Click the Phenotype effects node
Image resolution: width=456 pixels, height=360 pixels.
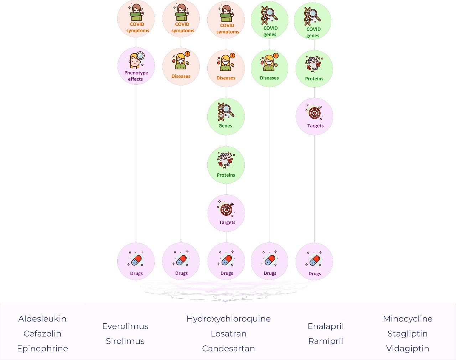pyautogui.click(x=136, y=66)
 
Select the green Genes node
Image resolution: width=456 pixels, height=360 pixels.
pyautogui.click(x=226, y=116)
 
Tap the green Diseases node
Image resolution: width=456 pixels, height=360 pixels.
pyautogui.click(x=269, y=68)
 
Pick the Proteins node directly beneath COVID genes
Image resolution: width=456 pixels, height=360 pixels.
pyautogui.click(x=314, y=69)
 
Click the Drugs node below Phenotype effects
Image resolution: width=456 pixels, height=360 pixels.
pyautogui.click(x=136, y=262)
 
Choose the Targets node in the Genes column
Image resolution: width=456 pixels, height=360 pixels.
pyautogui.click(x=226, y=213)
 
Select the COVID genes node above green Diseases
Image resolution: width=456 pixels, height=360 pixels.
pyautogui.click(x=269, y=20)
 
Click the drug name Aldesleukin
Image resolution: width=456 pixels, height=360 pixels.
pyautogui.click(x=42, y=319)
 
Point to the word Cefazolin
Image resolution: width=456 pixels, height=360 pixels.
pyautogui.click(x=42, y=334)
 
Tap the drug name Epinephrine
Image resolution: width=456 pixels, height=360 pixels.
pyautogui.click(x=42, y=349)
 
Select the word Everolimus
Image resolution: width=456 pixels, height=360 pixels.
pyautogui.click(x=125, y=326)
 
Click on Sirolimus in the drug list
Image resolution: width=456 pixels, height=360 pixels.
pyautogui.click(x=125, y=341)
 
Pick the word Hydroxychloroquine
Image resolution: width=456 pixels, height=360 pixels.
pyautogui.click(x=228, y=319)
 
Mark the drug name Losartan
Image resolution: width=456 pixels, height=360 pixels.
pyautogui.click(x=228, y=334)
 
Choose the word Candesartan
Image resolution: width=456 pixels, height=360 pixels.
pyautogui.click(x=228, y=349)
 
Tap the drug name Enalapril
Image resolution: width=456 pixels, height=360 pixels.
pyautogui.click(x=326, y=326)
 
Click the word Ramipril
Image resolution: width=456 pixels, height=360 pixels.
pyautogui.click(x=326, y=341)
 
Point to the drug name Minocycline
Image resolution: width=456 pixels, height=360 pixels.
pyautogui.click(x=408, y=319)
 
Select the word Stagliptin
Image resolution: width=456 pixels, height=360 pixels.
pyautogui.click(x=408, y=334)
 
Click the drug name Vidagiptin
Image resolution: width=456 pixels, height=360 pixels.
pyautogui.click(x=408, y=349)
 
